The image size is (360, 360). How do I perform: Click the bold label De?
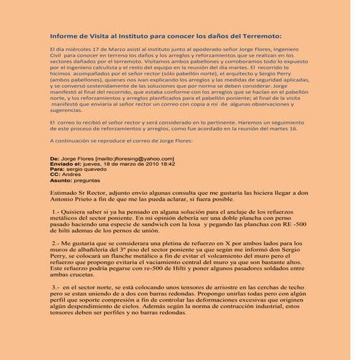pyautogui.click(x=54, y=158)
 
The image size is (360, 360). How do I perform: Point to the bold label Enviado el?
pyautogui.click(x=65, y=164)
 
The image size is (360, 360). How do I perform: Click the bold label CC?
pyautogui.click(x=55, y=175)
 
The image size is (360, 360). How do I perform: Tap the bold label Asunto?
pyautogui.click(x=62, y=181)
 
